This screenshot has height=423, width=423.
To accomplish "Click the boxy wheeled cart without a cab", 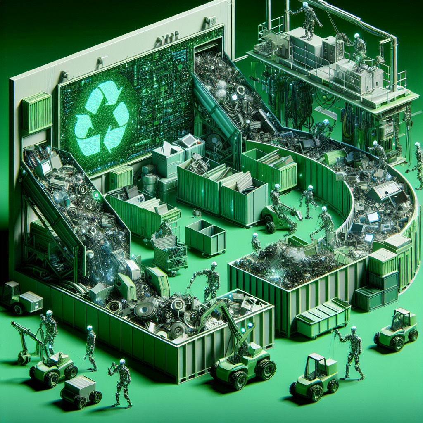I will [81, 391].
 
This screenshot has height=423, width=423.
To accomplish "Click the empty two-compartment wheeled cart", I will [205, 237].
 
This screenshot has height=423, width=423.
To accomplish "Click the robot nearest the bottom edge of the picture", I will [121, 382].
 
